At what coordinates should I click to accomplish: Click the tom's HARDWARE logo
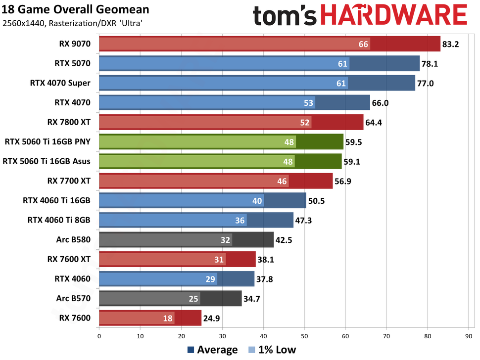[360, 15]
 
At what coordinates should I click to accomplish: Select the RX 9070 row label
[75, 44]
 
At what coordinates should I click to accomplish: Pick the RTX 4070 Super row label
[60, 83]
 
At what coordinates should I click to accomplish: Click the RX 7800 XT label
[69, 122]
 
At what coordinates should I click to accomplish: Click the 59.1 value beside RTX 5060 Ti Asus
[352, 161]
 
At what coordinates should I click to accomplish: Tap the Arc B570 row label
[74, 298]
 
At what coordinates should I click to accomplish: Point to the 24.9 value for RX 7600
[211, 317]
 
